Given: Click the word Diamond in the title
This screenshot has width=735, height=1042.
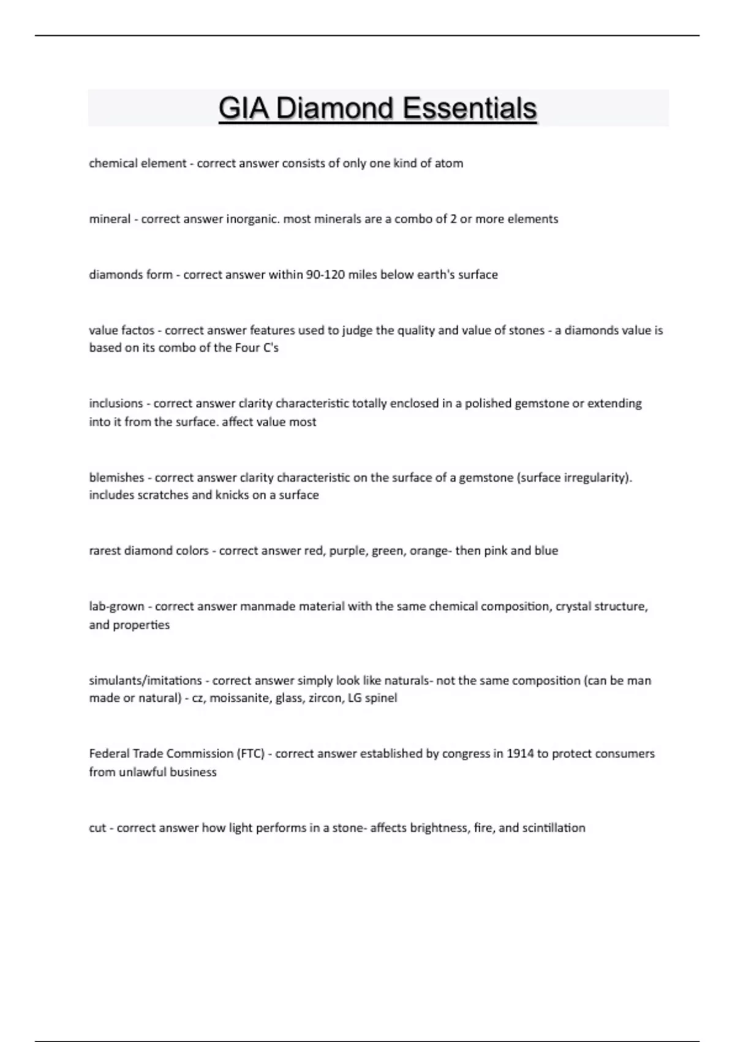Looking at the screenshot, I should coord(335,109).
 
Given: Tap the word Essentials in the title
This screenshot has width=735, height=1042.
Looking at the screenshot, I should coord(470,109).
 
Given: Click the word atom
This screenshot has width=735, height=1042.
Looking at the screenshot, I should coord(449,164).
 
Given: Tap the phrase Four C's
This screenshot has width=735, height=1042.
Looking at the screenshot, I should coord(257,348).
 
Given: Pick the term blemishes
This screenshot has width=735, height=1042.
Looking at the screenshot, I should coord(116,477).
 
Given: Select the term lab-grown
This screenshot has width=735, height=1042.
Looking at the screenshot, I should coord(116,607).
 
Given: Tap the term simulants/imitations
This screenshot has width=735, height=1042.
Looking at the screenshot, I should coord(145,680).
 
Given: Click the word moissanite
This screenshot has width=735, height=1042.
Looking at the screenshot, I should coord(239,698).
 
